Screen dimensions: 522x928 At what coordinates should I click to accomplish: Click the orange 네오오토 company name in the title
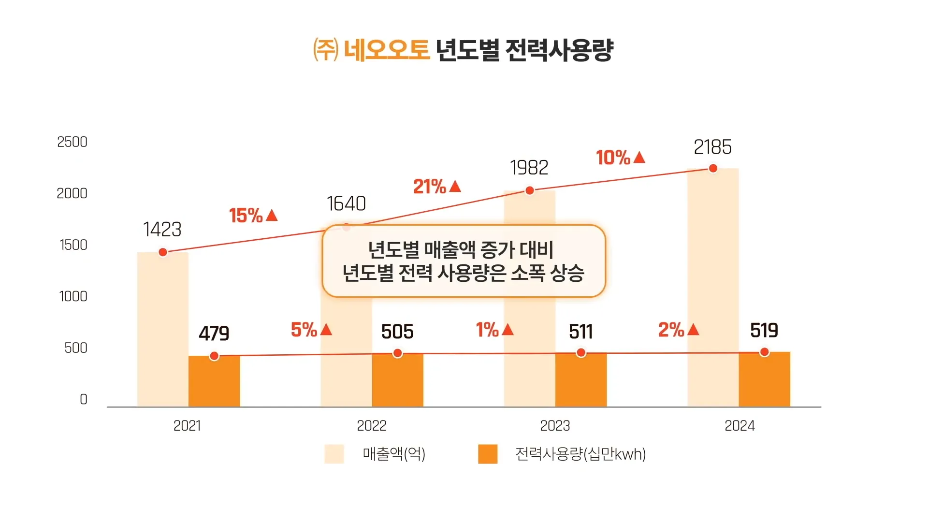pos(387,50)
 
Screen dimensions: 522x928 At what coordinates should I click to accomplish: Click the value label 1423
pos(162,230)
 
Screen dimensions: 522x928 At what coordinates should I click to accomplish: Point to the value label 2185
pos(712,147)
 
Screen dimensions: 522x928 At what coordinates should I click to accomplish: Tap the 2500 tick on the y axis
pos(72,142)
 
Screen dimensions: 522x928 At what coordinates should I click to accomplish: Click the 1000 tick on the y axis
pos(73,296)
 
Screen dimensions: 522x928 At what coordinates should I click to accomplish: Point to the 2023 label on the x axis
pos(555,426)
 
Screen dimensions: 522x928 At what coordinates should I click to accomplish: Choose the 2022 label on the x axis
pos(371,426)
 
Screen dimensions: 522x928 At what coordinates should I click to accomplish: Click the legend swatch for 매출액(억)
pos(334,454)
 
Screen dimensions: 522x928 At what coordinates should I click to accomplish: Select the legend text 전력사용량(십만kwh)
pos(580,454)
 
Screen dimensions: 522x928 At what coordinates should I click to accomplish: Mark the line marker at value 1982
pos(530,190)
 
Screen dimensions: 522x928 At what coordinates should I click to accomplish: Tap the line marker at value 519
pos(764,352)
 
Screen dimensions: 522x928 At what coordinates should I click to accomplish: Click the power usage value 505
pos(397,332)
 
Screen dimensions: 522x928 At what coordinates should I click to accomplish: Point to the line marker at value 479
pos(214,356)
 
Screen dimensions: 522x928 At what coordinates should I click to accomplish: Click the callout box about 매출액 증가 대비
pos(464,261)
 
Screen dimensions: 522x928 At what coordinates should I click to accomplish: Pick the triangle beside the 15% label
pos(272,215)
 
